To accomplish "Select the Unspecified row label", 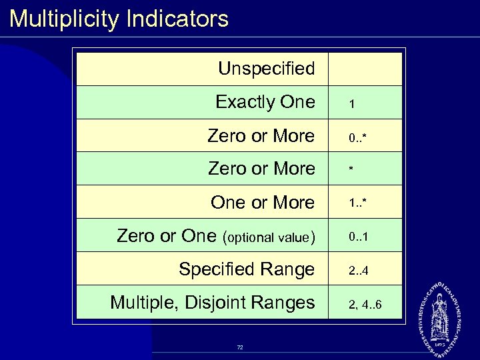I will tap(266, 69).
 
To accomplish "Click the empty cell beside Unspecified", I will tap(365, 69).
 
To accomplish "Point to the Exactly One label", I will tap(265, 103).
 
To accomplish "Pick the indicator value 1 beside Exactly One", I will tap(352, 105).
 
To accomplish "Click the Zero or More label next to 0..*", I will tap(261, 136).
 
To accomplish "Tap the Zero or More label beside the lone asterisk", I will tap(261, 169).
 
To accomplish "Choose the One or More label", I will tap(262, 203).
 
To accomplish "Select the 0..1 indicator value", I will tap(358, 237).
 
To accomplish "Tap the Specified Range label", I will tap(246, 269).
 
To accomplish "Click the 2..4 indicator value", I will tap(358, 271).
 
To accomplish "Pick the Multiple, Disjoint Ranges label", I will tap(212, 303).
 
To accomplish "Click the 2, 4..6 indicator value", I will tap(365, 305).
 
